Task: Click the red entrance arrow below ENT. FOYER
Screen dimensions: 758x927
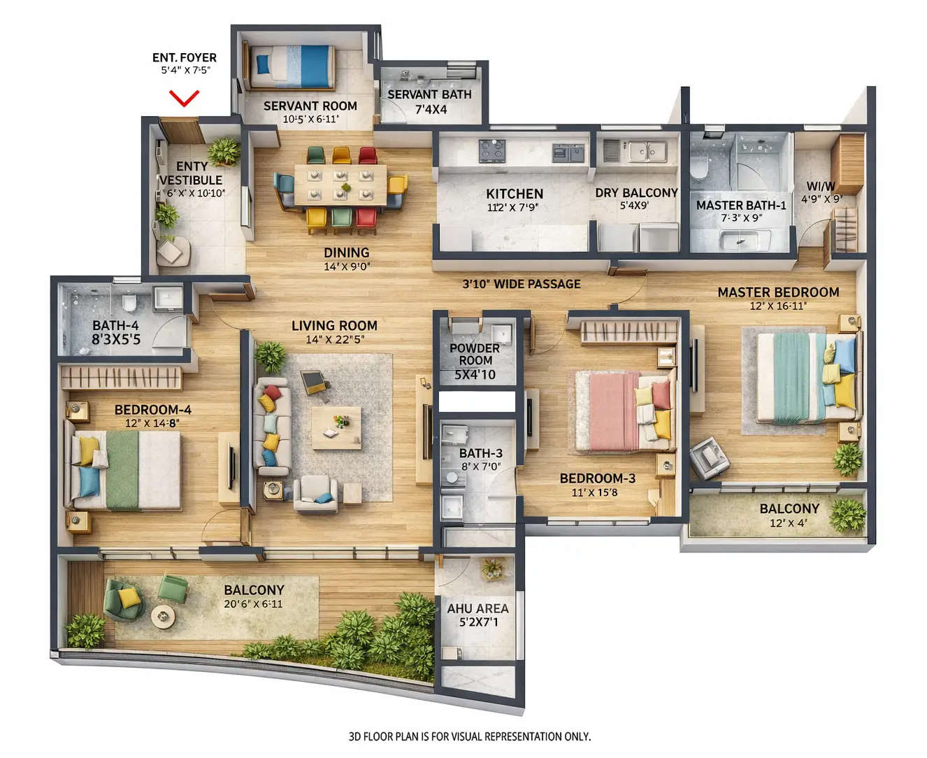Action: pyautogui.click(x=185, y=99)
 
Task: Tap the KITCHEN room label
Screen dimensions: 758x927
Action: pyautogui.click(x=515, y=194)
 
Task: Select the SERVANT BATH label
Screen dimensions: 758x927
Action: pyautogui.click(x=429, y=94)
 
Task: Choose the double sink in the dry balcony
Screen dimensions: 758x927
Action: pyautogui.click(x=646, y=150)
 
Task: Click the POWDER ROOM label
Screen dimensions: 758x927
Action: pyautogui.click(x=475, y=354)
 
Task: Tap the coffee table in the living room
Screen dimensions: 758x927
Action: pyautogui.click(x=336, y=427)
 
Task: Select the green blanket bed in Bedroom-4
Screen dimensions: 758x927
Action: pyautogui.click(x=126, y=469)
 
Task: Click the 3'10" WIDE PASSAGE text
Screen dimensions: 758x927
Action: pyautogui.click(x=522, y=284)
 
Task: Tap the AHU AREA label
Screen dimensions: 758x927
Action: pyautogui.click(x=477, y=608)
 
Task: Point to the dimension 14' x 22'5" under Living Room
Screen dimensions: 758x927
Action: pyautogui.click(x=334, y=340)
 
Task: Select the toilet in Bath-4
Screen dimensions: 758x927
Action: pyautogui.click(x=129, y=303)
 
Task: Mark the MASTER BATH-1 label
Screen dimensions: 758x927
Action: pyautogui.click(x=741, y=205)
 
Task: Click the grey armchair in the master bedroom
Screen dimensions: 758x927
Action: pyautogui.click(x=710, y=457)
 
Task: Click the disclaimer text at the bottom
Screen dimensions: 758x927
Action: pyautogui.click(x=469, y=736)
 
